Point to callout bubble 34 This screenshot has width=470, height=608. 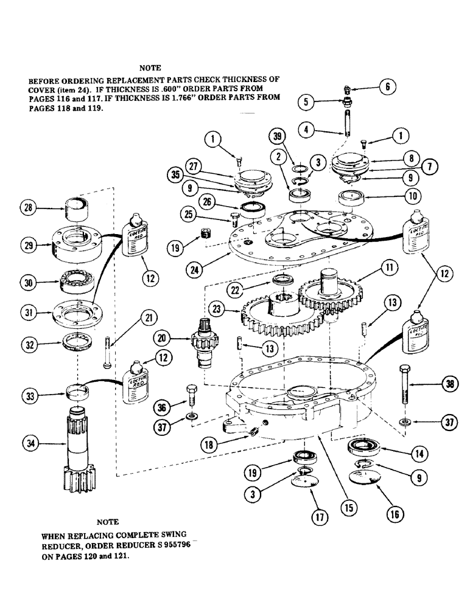29,444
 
